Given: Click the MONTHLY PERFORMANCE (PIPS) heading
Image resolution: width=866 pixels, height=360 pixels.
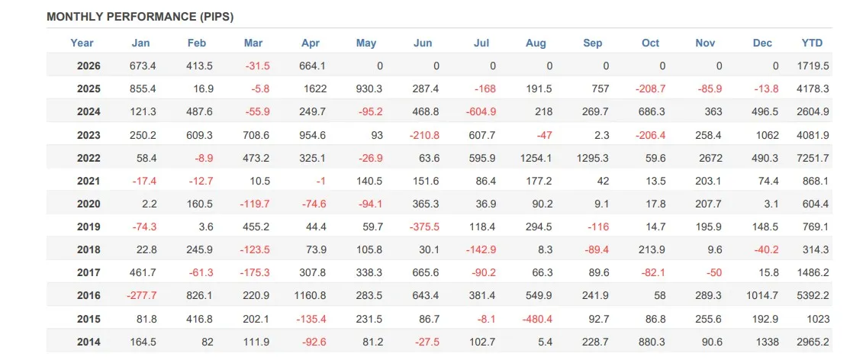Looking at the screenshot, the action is (140, 17).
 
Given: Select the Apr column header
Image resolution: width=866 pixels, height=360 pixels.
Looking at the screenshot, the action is (311, 43).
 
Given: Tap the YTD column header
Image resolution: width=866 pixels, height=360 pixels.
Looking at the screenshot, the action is (812, 43).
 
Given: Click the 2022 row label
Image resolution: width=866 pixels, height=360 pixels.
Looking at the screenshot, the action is (89, 159).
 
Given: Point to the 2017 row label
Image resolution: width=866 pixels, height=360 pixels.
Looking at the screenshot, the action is (89, 273).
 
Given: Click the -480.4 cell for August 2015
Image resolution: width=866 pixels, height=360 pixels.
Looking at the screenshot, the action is (536, 319).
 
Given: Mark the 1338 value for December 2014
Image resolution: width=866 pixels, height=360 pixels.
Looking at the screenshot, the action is (767, 342).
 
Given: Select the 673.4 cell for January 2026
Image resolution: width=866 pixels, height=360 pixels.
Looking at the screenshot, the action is (143, 66).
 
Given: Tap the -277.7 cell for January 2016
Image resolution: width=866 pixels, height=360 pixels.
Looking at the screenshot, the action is (141, 296).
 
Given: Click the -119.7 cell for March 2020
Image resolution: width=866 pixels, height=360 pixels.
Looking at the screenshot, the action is (254, 204).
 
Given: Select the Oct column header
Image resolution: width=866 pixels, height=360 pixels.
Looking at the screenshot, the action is (650, 43).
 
